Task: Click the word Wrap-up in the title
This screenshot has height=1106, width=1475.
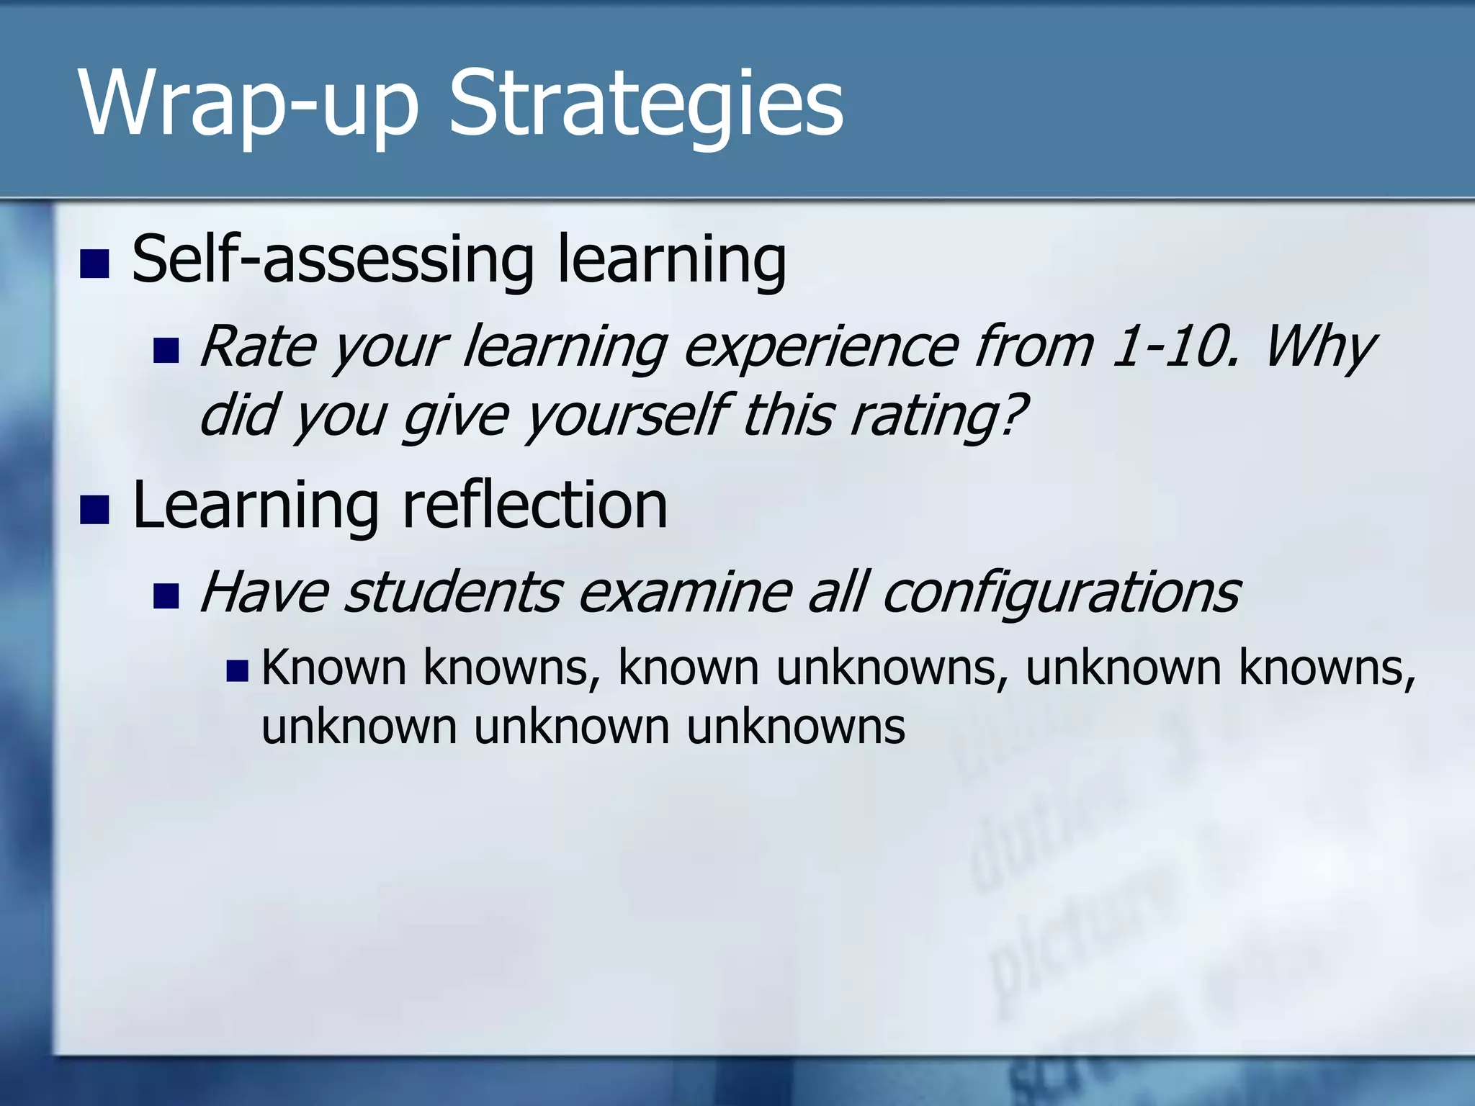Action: point(248,104)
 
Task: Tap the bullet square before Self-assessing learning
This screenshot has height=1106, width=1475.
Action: point(94,264)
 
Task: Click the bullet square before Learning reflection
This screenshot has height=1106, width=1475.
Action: point(94,510)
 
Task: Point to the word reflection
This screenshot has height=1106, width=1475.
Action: point(534,505)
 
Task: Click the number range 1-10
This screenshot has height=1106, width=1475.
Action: point(1174,348)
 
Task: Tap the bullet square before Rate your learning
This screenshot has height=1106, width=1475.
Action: point(166,351)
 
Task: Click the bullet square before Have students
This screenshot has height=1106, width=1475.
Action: point(166,595)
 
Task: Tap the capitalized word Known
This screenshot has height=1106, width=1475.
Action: point(334,667)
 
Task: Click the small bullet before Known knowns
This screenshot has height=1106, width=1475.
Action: point(237,671)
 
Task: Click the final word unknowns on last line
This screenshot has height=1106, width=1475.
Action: point(795,727)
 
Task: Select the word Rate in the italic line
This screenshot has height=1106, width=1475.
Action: point(257,348)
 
